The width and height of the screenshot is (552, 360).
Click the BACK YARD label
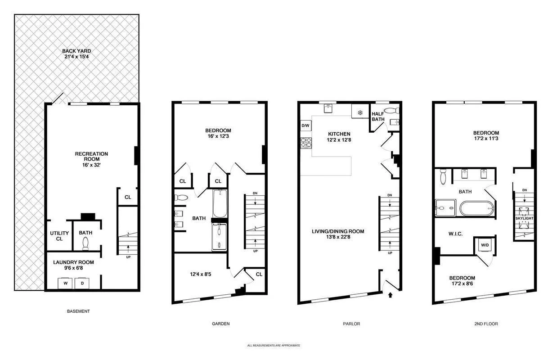pos(76,51)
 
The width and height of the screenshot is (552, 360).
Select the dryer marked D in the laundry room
pos(82,284)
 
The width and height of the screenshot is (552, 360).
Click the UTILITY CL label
pos(59,236)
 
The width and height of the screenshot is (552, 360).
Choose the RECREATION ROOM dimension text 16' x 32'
pos(91,165)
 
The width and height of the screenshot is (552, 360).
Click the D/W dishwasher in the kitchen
pos(305,126)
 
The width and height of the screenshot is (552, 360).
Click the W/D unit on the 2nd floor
pos(485,245)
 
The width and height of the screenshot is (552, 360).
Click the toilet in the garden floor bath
pos(181,198)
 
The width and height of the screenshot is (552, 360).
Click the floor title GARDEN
pos(221,324)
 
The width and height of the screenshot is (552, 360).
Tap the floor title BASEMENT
pos(78,311)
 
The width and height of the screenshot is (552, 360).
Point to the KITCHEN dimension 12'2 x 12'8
pos(339,140)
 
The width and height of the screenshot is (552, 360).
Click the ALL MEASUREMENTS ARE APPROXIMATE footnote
pos(274,346)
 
